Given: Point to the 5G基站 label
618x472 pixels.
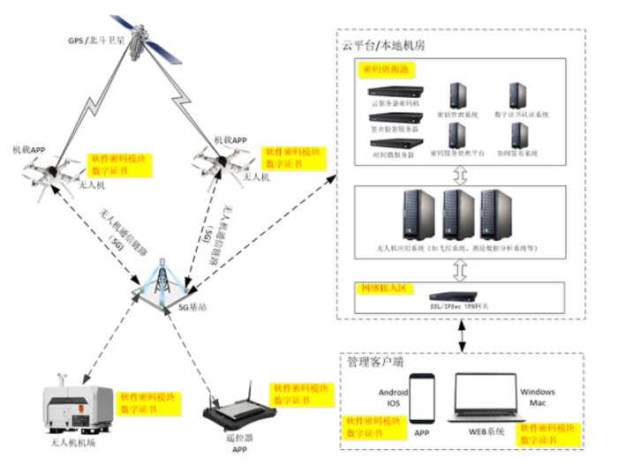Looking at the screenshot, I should point(192,309).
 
